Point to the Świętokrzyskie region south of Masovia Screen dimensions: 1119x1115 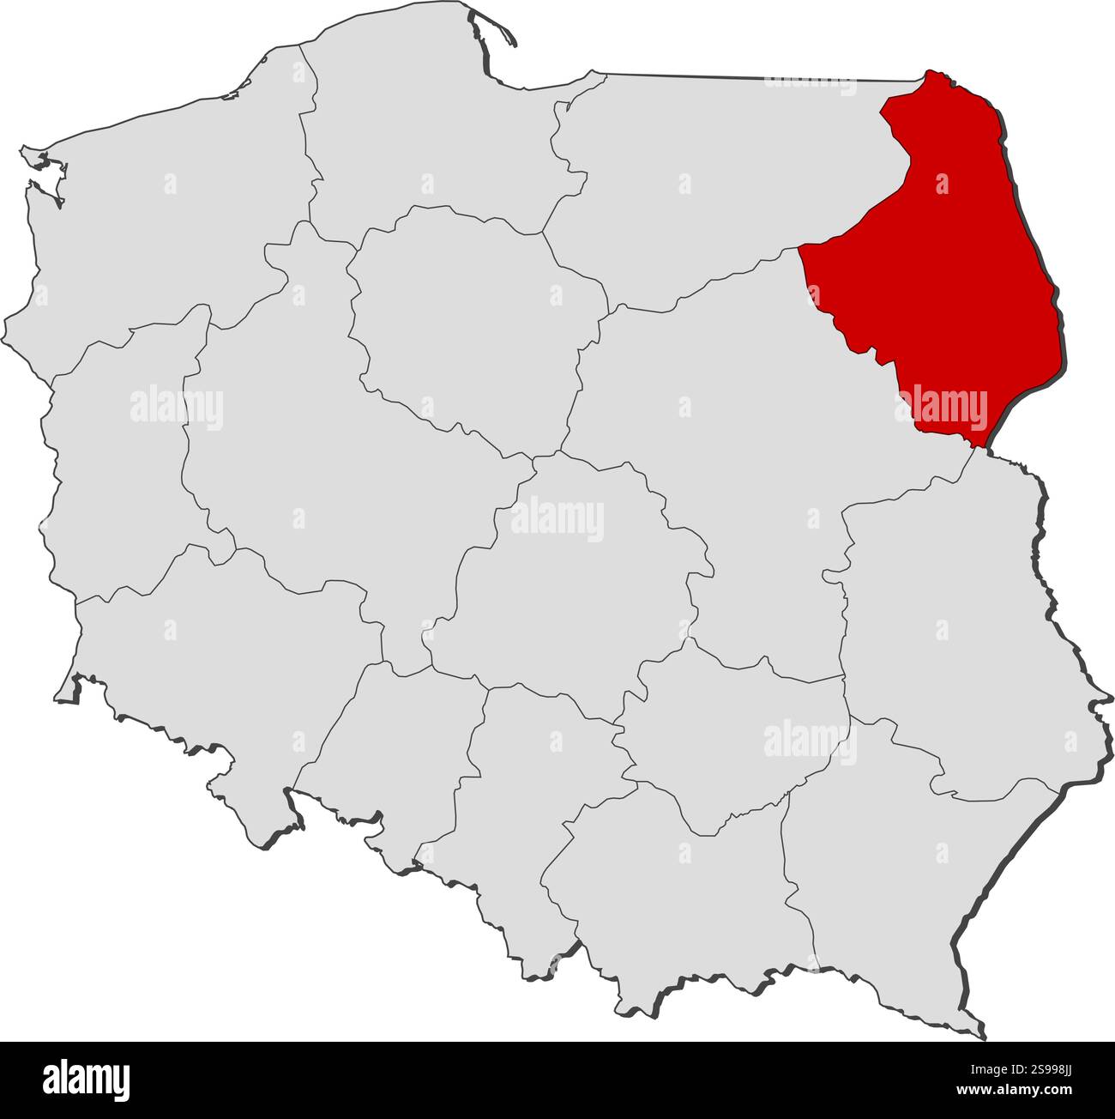pos(729,738)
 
